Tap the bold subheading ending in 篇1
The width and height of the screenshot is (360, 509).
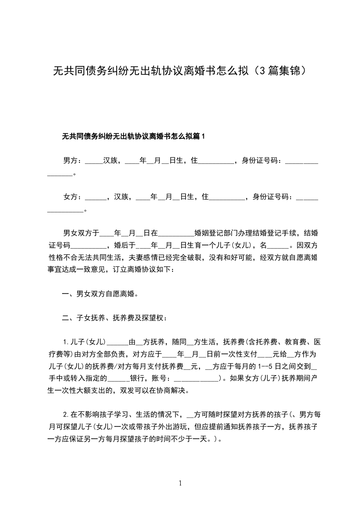pos(134,136)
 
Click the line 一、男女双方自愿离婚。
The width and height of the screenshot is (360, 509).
pos(100,294)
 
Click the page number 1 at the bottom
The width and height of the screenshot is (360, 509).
pos(180,484)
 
